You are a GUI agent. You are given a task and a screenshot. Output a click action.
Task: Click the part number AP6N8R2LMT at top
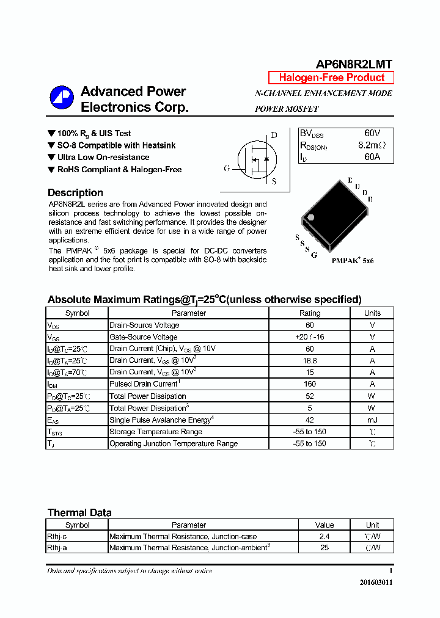pos(354,64)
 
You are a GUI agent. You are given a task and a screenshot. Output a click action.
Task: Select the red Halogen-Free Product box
pos(331,78)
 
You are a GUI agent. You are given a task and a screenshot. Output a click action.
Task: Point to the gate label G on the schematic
pos(227,168)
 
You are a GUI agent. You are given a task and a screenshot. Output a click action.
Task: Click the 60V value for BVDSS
pos(372,133)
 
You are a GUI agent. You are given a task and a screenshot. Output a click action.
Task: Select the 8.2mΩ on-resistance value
pos(372,145)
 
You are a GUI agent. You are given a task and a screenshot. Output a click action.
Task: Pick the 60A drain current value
pos(372,157)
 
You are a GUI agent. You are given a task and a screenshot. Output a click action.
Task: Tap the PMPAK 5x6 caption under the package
pos(352,261)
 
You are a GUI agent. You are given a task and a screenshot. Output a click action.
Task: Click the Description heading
pos(75,192)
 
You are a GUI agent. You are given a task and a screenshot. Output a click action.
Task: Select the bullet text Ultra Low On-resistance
pos(103,157)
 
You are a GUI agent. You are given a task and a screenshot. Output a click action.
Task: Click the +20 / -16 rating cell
pos(309,337)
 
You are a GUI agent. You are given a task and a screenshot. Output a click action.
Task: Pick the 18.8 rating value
pos(309,360)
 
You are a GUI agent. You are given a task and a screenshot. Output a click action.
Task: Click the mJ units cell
pos(372,420)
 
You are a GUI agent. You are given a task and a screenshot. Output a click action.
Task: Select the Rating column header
pos(309,313)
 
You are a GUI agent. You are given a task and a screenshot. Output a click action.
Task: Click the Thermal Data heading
pos(79,512)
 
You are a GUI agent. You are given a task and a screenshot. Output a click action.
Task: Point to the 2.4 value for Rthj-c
pos(324,536)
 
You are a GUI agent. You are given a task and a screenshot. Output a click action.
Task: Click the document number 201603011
pos(375,583)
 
